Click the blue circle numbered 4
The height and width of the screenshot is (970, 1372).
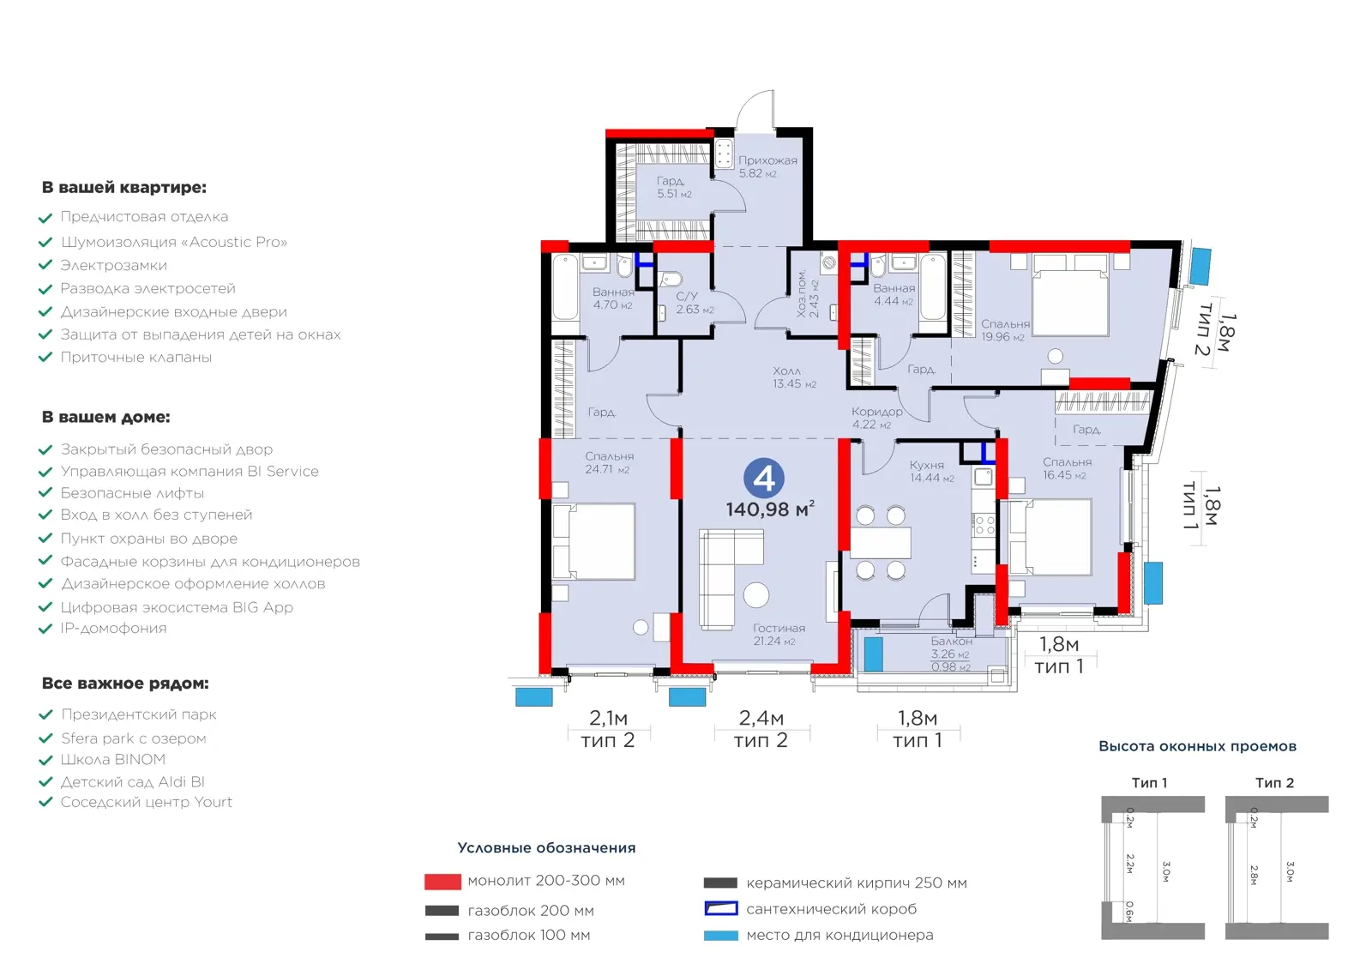764,478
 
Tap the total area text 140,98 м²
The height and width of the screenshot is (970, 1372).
770,509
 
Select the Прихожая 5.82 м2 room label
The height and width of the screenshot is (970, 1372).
767,166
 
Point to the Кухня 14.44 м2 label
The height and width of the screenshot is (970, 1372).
931,471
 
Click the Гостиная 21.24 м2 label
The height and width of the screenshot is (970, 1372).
779,634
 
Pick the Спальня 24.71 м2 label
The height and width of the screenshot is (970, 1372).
608,462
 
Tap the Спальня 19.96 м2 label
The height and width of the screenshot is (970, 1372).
1004,330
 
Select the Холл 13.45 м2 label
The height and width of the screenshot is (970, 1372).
794,377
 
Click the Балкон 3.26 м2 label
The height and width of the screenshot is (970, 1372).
951,647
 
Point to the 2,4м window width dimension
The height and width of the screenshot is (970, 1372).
761,717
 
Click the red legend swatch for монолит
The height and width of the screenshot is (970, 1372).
442,882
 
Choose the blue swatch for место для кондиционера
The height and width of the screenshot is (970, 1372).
720,936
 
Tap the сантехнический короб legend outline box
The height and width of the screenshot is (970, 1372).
720,909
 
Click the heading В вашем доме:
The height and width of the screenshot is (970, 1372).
106,418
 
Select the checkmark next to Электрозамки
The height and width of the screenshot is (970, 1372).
45,265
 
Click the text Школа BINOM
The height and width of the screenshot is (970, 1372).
112,760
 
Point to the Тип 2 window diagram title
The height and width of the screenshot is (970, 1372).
1274,782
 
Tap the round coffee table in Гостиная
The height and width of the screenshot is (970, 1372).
756,594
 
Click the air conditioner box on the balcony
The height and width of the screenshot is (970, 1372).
874,654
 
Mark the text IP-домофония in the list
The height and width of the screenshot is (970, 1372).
113,628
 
